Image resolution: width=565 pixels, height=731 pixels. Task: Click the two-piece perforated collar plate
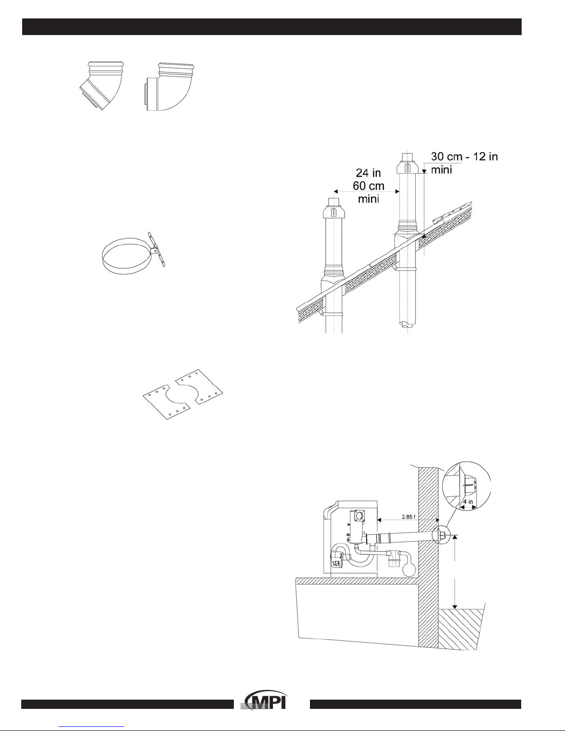(x=183, y=394)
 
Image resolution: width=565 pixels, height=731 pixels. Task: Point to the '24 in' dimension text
(x=368, y=173)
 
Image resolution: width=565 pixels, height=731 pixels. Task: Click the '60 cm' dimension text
(x=369, y=186)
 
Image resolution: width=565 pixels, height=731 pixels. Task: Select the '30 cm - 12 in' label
(x=464, y=156)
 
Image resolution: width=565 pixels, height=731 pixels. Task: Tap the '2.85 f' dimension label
(x=409, y=517)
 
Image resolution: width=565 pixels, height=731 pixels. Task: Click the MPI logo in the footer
(x=265, y=701)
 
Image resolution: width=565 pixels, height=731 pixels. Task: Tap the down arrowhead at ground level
(x=455, y=607)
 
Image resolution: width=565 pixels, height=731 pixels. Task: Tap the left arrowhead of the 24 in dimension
(x=336, y=191)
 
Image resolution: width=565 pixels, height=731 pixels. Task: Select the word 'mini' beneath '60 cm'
(x=368, y=199)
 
